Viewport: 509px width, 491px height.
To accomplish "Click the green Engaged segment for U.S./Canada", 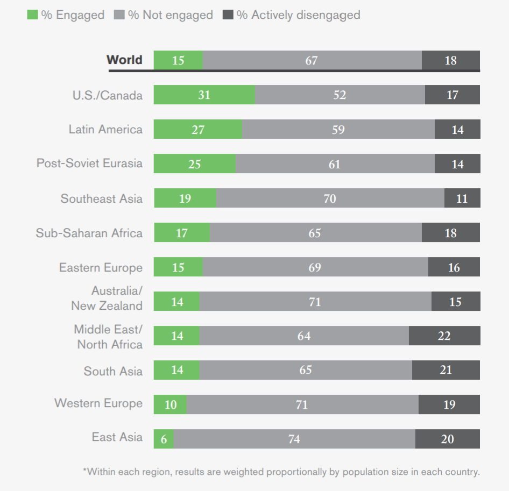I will click(204, 95).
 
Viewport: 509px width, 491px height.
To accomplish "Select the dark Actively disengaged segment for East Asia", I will click(447, 439).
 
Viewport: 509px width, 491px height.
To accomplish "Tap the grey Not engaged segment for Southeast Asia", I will click(330, 198).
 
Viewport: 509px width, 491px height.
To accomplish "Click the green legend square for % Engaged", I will click(32, 15).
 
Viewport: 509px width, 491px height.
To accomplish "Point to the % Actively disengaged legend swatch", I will click(228, 15).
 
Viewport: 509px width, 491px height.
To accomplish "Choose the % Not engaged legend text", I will click(170, 15).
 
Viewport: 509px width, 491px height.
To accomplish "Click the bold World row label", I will click(124, 60).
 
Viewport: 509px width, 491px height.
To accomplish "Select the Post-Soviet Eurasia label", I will click(89, 163).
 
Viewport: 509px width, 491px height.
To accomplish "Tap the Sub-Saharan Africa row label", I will click(89, 233).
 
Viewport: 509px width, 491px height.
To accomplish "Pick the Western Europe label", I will click(98, 403).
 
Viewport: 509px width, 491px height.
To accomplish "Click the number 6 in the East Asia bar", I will click(164, 439).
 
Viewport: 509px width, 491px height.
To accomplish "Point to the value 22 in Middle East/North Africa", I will click(444, 336).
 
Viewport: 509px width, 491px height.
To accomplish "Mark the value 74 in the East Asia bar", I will click(294, 439).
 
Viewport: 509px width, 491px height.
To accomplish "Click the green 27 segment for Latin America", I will click(197, 130).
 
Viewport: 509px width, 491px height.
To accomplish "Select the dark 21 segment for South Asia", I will click(446, 370).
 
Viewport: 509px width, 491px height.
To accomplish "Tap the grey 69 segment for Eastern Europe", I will click(315, 267).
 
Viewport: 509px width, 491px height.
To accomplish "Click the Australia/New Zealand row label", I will click(107, 298).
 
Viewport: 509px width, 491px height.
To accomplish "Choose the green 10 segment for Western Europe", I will click(170, 404).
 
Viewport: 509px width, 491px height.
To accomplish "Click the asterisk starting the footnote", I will click(84, 471).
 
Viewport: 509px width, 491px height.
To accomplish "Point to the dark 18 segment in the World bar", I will click(450, 60).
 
